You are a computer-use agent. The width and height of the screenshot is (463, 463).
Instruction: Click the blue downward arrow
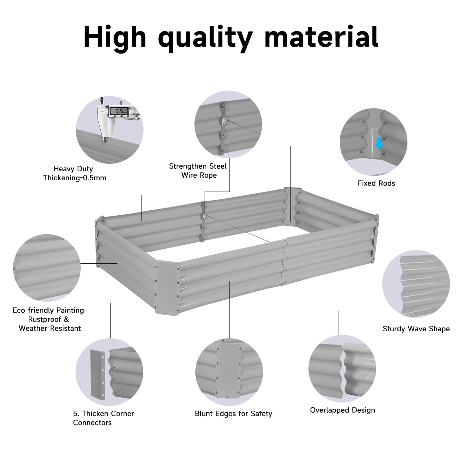(379, 143)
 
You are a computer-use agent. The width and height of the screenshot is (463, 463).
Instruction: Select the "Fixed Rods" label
(376, 183)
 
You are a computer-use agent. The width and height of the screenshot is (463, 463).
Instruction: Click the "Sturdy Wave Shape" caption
(416, 329)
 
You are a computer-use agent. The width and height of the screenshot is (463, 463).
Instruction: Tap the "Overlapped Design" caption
(342, 410)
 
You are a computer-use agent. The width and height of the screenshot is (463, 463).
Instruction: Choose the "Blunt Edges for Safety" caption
(233, 414)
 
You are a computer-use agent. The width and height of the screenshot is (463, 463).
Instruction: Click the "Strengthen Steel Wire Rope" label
(198, 170)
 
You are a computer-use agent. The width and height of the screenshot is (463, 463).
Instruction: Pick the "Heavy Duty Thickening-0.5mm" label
(75, 173)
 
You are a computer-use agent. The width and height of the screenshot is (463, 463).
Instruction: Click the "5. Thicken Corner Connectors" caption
(103, 418)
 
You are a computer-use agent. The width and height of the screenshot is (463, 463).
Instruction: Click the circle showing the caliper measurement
(110, 130)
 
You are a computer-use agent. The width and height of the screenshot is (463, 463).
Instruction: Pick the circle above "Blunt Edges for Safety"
(229, 371)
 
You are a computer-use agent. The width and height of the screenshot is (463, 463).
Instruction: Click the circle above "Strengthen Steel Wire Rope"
(228, 125)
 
